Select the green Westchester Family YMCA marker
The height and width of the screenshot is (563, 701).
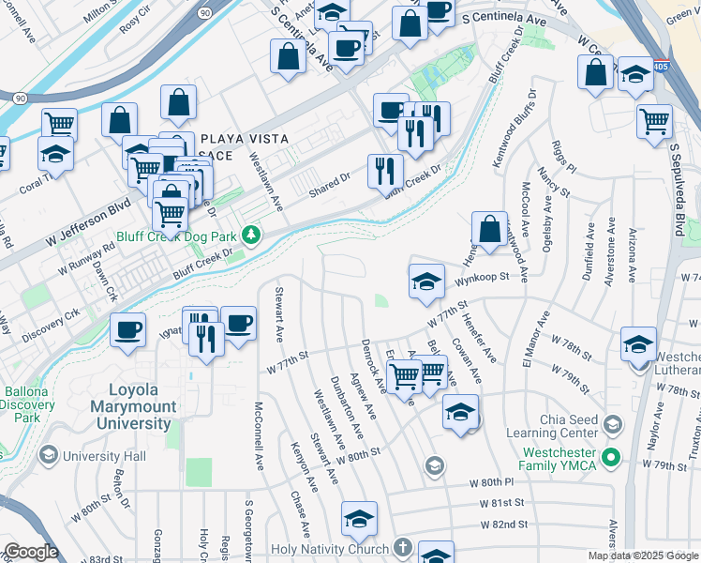tap(611, 459)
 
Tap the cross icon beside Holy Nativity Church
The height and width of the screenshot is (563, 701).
tap(402, 548)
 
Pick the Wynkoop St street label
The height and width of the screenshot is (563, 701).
tap(482, 277)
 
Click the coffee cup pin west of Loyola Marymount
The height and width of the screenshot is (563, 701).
tap(127, 329)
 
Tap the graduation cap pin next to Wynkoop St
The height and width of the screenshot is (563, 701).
tap(426, 281)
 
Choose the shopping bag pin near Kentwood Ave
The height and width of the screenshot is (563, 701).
tap(489, 227)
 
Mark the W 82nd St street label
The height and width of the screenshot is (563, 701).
tap(505, 525)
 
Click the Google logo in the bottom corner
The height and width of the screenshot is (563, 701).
tap(31, 552)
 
